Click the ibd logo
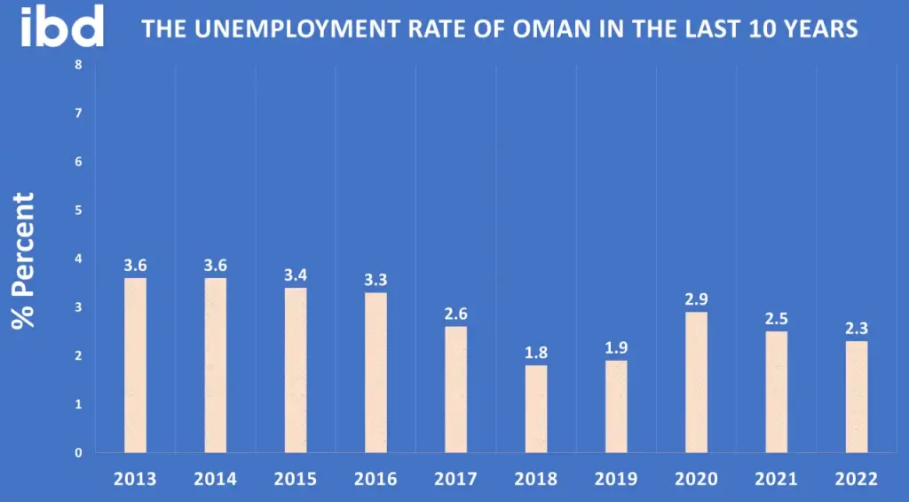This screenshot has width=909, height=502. [x=62, y=27]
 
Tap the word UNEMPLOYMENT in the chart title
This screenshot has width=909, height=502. [x=278, y=29]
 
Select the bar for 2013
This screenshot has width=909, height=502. [x=135, y=365]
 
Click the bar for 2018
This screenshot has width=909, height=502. [x=535, y=409]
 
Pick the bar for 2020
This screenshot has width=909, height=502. [x=696, y=382]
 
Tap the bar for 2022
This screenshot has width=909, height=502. [x=857, y=396]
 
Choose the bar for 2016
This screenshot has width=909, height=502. [x=375, y=372]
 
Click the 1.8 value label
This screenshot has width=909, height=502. [x=535, y=353]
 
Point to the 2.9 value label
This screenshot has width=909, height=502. [x=696, y=299]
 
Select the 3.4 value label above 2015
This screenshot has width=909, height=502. [x=296, y=275]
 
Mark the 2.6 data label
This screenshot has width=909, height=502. [x=455, y=314]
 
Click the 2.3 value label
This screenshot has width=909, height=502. [x=857, y=329]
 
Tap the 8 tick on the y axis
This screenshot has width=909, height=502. [x=78, y=65]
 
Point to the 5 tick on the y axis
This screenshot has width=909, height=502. [x=78, y=211]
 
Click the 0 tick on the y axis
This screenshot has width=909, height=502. [x=78, y=452]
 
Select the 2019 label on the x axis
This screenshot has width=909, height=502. [x=615, y=479]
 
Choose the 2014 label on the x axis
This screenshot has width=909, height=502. [x=215, y=479]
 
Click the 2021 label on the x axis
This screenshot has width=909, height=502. [x=776, y=479]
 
